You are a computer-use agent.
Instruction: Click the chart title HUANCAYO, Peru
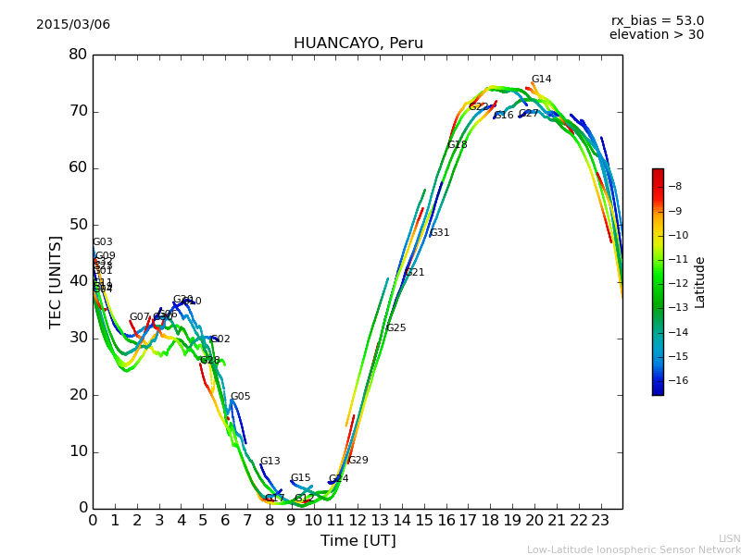[358, 43]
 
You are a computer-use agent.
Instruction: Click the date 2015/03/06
[73, 25]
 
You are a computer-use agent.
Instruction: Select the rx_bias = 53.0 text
[657, 21]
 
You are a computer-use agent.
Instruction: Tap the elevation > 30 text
[656, 35]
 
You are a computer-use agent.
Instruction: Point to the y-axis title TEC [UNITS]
[56, 281]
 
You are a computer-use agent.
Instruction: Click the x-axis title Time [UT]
[358, 541]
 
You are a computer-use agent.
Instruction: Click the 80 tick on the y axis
[78, 55]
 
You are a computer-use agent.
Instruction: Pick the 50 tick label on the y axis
[78, 225]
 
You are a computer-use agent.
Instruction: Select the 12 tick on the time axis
[358, 520]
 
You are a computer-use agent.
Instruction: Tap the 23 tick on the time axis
[600, 520]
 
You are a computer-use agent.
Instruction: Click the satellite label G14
[541, 80]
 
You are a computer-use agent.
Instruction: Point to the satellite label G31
[439, 233]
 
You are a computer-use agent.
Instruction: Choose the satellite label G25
[396, 328]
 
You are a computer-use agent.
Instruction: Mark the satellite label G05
[240, 397]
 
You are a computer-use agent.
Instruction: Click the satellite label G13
[270, 462]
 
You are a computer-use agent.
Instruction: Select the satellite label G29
[358, 461]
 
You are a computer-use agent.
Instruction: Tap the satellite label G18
[457, 145]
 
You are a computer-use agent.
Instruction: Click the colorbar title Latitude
[700, 282]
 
